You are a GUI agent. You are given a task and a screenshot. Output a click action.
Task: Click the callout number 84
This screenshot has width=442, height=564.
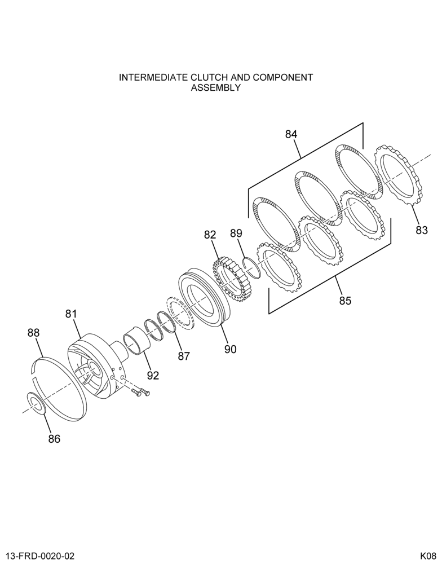point(291,134)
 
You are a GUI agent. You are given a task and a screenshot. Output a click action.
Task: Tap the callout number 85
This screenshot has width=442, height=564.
point(345,301)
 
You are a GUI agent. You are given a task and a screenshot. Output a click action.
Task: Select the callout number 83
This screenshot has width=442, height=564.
point(422,230)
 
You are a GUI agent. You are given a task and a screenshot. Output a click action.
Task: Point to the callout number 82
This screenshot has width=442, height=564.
point(210,235)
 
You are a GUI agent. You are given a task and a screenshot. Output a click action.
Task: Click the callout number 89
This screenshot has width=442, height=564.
point(236,233)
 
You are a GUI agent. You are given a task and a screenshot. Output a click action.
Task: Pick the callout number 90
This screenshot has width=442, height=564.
point(230,349)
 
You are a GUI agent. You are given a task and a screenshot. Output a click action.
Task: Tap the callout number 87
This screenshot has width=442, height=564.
point(183,356)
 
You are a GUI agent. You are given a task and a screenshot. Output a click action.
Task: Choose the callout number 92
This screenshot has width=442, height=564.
point(152,376)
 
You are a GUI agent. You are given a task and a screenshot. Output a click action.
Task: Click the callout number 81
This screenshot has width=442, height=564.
point(71,314)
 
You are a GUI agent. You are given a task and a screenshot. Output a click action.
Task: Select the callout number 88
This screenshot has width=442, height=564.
point(33,333)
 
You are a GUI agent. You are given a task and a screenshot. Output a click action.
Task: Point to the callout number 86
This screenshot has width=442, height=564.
point(54,439)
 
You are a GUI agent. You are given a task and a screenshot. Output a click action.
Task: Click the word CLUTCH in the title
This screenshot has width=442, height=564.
point(210,77)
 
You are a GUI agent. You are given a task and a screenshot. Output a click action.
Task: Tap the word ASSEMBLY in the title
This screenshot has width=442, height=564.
point(215,87)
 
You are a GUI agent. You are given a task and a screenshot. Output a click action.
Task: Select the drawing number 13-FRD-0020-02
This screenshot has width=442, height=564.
point(40,556)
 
